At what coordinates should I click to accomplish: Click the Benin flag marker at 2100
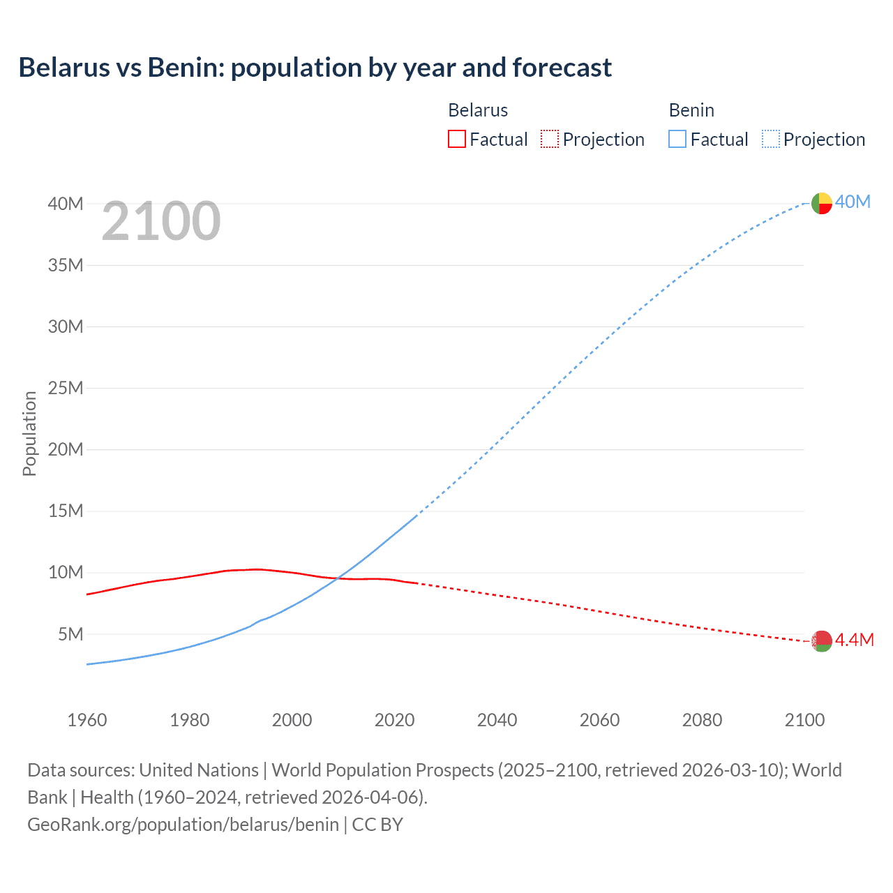[x=822, y=203]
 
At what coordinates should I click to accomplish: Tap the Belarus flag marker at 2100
[x=822, y=640]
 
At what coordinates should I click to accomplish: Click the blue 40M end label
[x=853, y=202]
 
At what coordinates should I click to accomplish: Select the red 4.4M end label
[x=855, y=640]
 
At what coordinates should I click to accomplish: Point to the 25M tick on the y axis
[x=66, y=388]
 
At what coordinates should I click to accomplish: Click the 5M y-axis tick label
[x=70, y=634]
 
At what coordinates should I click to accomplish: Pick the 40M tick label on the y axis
[x=66, y=204]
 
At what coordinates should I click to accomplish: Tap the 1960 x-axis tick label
[x=87, y=720]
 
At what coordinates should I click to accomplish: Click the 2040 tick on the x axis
[x=497, y=720]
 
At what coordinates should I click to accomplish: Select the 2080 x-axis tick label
[x=702, y=720]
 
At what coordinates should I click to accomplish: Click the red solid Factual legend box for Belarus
[x=457, y=139]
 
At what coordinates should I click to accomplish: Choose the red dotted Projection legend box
[x=550, y=139]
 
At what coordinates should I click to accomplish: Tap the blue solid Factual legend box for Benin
[x=677, y=139]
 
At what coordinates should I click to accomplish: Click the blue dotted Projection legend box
[x=771, y=139]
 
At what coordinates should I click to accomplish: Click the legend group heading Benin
[x=691, y=110]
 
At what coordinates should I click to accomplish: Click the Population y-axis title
[x=29, y=433]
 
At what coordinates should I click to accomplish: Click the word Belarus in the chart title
[x=64, y=68]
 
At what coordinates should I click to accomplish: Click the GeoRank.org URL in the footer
[x=183, y=825]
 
